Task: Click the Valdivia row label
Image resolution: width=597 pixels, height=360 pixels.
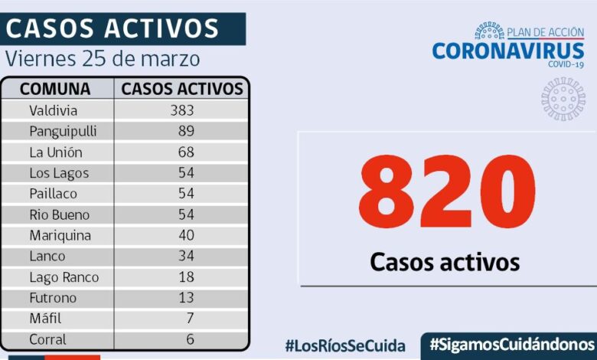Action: coord(53,110)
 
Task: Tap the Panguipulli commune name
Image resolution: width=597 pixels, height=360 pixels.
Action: coord(63,131)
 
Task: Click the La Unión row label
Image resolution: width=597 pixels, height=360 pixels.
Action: coord(55,152)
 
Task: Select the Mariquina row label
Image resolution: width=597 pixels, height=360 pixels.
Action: coord(60,235)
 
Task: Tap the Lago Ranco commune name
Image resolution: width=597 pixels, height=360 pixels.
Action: coord(64,277)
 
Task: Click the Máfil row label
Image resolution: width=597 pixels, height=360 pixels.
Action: coord(45,319)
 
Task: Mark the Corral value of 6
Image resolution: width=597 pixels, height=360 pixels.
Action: coord(189,339)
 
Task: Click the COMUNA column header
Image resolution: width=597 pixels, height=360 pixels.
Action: coord(55,89)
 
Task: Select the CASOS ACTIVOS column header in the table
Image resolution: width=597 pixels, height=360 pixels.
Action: coord(182,89)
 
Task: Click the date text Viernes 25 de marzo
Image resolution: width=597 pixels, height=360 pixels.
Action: coord(103,59)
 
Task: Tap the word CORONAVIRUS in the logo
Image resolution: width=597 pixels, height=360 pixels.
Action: coord(509,51)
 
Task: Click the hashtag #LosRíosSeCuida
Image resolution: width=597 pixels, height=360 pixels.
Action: coord(345,345)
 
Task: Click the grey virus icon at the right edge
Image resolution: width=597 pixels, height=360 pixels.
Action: coord(563,98)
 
